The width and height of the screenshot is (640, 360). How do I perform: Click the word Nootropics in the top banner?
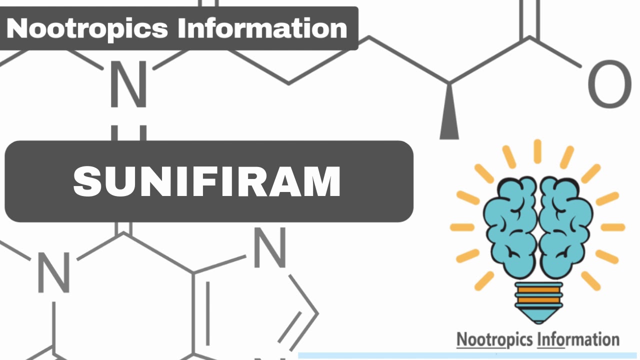point(88,28)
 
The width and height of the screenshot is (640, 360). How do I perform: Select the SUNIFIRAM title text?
point(207,181)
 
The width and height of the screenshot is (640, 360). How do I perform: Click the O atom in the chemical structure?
point(609,84)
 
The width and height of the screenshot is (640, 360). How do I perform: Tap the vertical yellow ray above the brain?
point(537,151)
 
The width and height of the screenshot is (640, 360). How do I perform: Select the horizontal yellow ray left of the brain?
point(462,227)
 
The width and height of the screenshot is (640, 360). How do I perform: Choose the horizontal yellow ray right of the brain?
point(612,227)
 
